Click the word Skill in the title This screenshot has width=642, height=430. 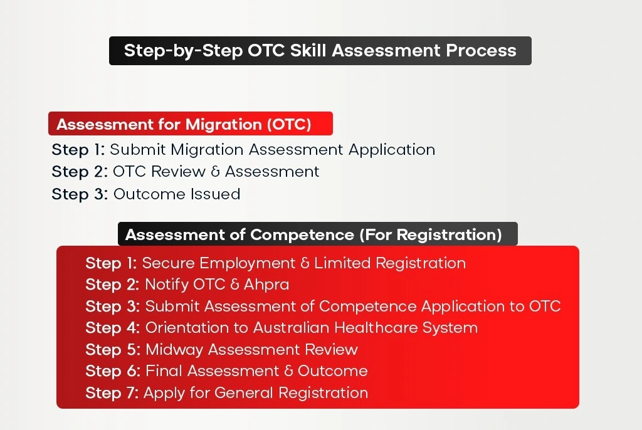coord(308,51)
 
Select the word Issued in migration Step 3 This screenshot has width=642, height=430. coord(219,194)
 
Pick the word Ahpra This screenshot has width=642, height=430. coord(266,285)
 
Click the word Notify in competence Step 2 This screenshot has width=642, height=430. coord(167,285)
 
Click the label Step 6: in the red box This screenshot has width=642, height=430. coord(113,371)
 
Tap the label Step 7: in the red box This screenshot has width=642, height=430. coord(112,393)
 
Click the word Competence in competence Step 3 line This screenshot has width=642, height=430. coord(368,307)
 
